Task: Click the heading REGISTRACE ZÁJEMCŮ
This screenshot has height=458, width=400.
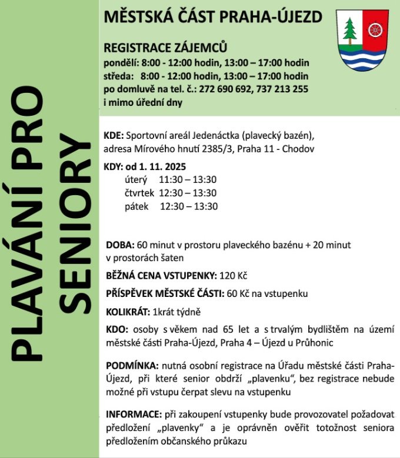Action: click(165, 48)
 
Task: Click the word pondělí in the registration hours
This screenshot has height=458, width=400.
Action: click(120, 63)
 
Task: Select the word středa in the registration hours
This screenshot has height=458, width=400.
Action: click(118, 76)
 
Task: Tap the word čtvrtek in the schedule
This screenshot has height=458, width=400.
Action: click(139, 193)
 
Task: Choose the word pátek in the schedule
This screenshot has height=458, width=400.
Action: click(136, 206)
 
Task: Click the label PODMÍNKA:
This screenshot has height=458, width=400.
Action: click(132, 366)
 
